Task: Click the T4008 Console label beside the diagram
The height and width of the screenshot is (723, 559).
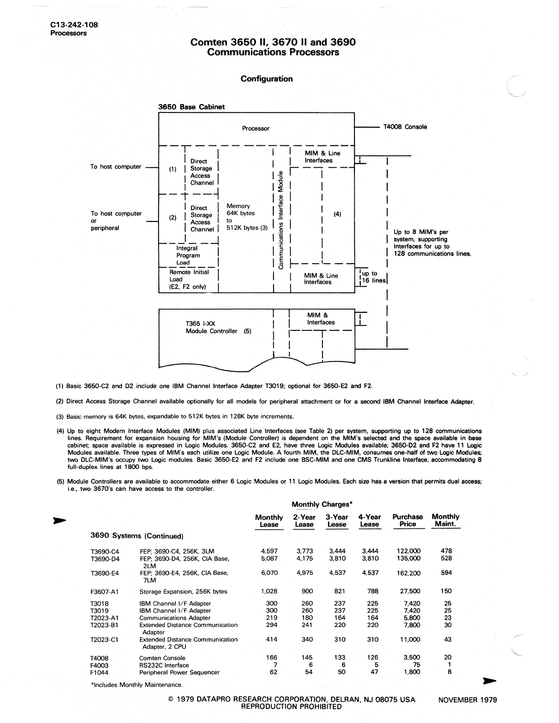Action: coord(405,127)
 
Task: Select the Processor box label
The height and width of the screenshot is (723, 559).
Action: coord(255,128)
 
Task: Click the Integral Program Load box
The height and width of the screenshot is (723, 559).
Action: coord(188,255)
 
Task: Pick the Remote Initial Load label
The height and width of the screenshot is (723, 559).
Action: coord(189,279)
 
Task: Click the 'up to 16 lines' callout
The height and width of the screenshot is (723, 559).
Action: coord(373,277)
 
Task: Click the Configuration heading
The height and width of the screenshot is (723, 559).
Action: coord(267,79)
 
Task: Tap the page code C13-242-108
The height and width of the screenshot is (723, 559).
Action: coord(74,25)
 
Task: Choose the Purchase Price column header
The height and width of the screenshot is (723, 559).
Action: coord(407,521)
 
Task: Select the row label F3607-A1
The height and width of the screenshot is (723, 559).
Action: coord(105,591)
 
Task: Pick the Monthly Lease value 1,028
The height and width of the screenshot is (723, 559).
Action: coord(269,591)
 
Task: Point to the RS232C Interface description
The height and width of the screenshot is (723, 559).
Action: coord(164,665)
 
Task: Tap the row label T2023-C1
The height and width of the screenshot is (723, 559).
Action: coord(105,639)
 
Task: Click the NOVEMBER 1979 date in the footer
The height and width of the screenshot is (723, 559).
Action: coord(467,700)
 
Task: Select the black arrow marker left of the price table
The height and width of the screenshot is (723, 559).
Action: coord(60,520)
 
